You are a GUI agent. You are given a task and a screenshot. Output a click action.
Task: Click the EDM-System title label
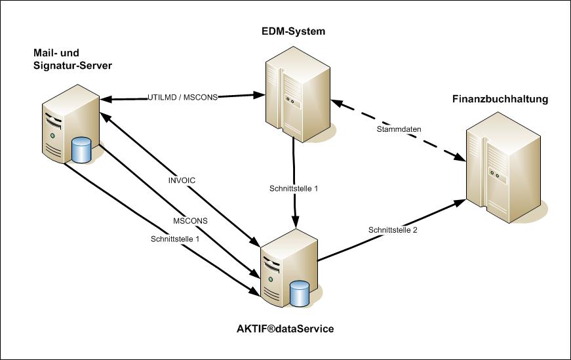click(293, 31)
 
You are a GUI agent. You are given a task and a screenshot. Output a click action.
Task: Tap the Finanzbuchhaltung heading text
click(500, 100)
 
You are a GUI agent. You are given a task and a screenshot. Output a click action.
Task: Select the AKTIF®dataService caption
click(285, 329)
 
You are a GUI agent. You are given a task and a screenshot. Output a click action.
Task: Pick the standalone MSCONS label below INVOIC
click(191, 221)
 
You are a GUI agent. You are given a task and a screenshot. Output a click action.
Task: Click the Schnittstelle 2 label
click(393, 230)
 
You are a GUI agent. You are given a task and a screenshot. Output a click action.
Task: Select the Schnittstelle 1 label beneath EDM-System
click(294, 188)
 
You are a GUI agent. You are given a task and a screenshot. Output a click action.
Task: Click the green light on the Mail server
click(51, 135)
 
